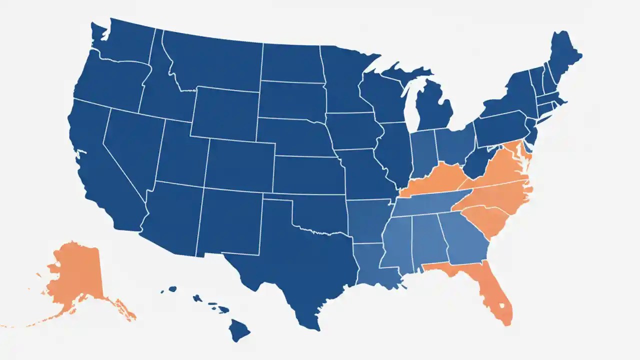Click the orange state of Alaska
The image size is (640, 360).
[75, 275]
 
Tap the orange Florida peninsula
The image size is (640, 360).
[495, 295]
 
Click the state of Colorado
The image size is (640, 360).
[240, 165]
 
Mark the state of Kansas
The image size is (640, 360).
[305, 175]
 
